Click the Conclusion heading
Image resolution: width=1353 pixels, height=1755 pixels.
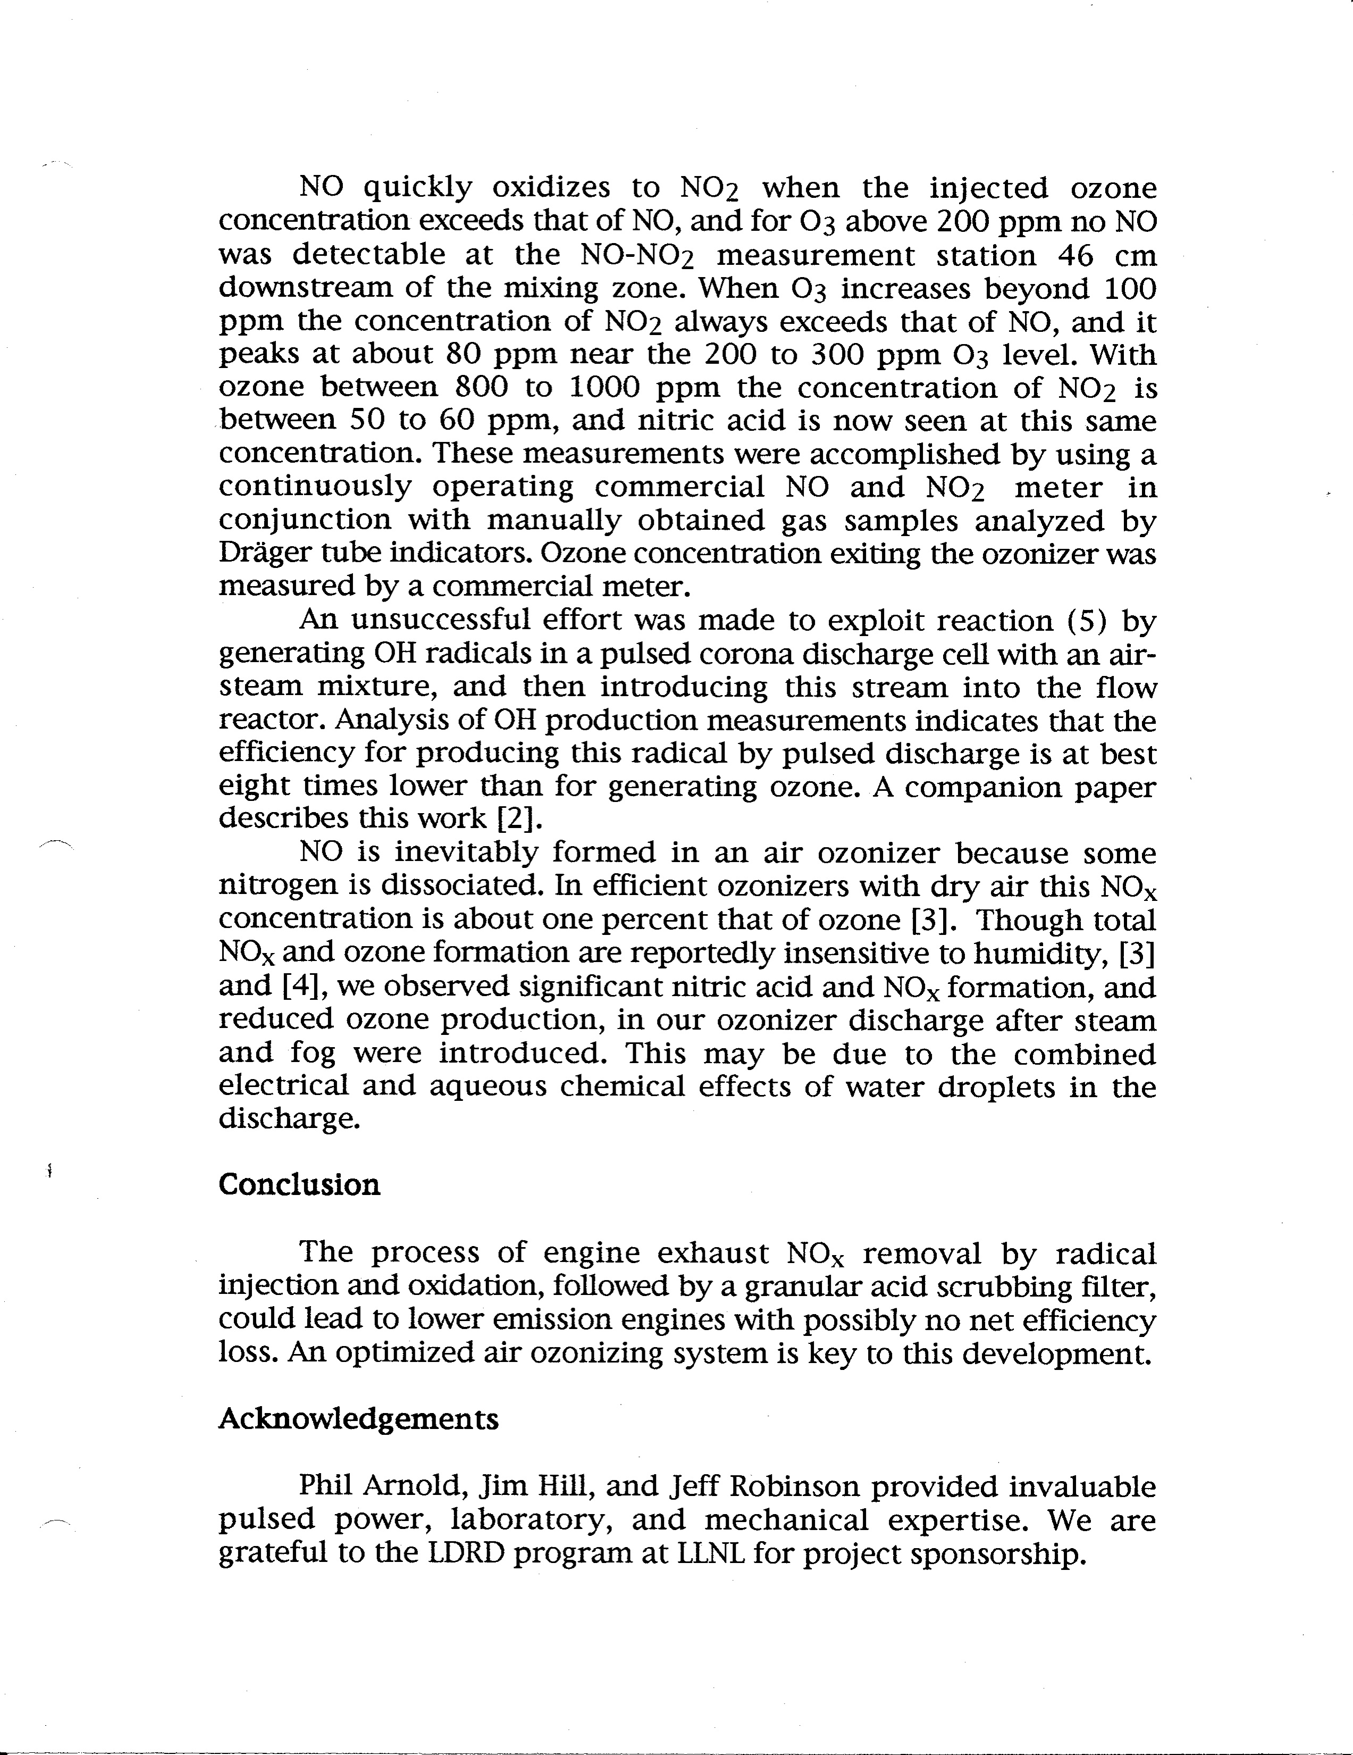click(299, 1184)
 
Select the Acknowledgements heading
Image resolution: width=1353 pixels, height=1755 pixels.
click(358, 1419)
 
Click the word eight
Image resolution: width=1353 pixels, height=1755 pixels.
click(253, 786)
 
